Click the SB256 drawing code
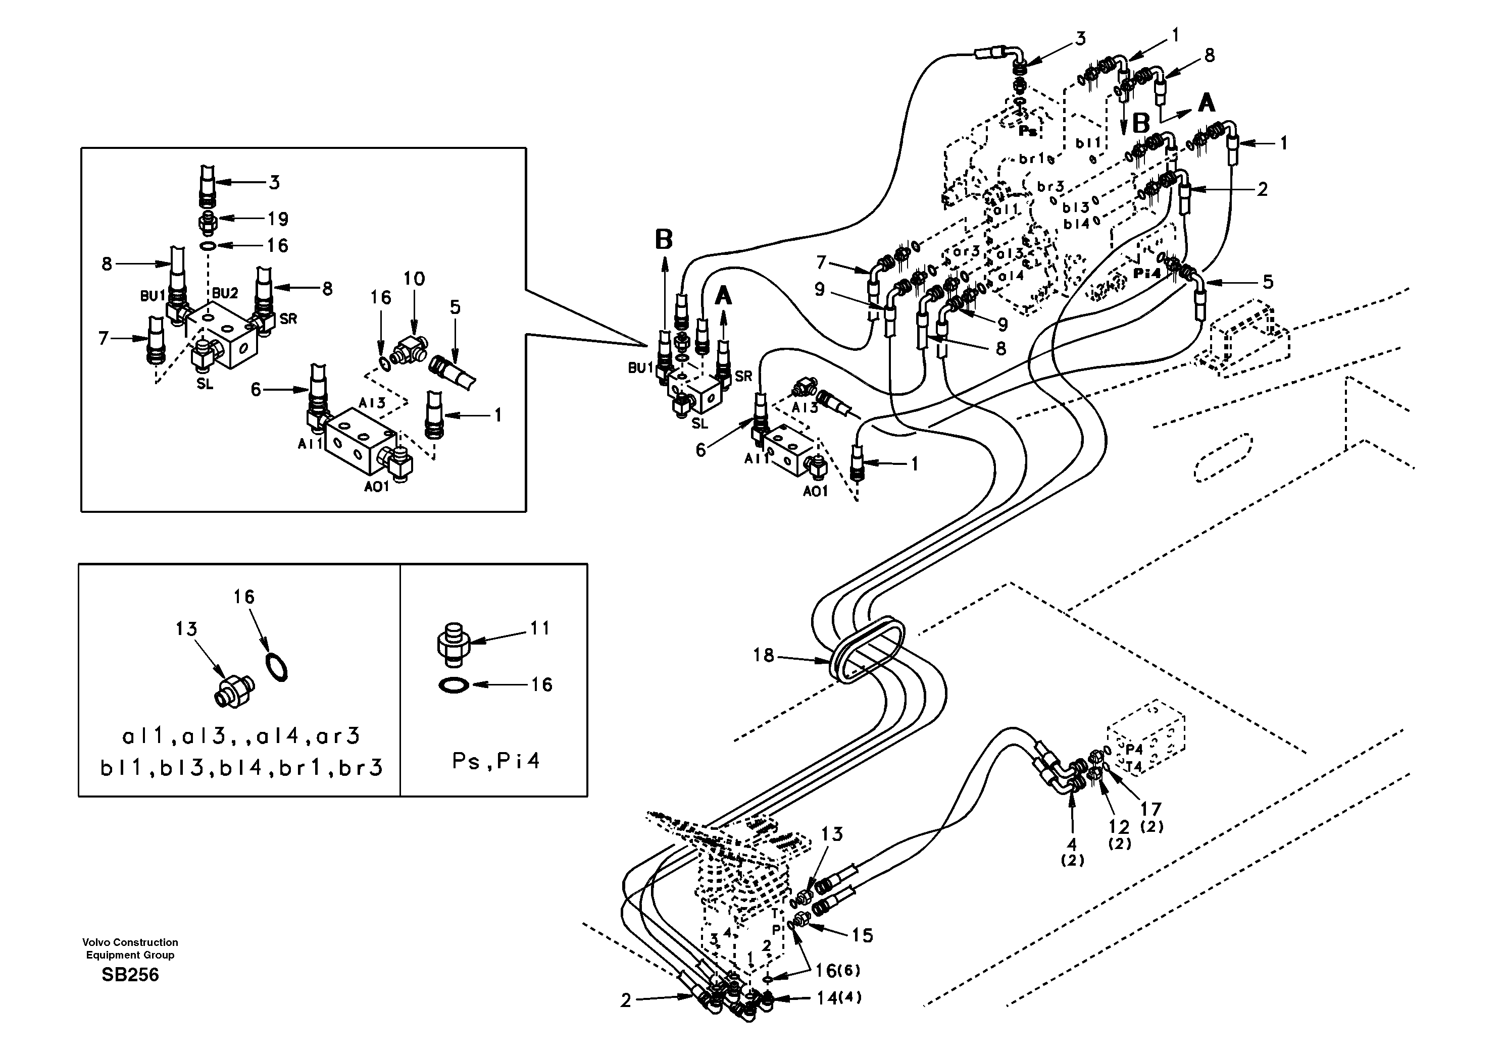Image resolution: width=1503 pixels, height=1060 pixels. click(130, 975)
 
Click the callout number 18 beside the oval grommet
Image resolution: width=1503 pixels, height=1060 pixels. click(763, 655)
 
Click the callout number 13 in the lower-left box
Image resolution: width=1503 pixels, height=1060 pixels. click(186, 629)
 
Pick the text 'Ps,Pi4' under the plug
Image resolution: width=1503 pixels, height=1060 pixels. click(496, 761)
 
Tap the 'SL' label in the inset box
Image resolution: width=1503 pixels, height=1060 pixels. click(205, 384)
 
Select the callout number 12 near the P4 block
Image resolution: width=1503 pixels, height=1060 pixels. click(1119, 827)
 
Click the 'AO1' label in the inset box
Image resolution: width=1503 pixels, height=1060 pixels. click(377, 486)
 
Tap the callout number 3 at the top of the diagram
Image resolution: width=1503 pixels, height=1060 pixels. click(1080, 38)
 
